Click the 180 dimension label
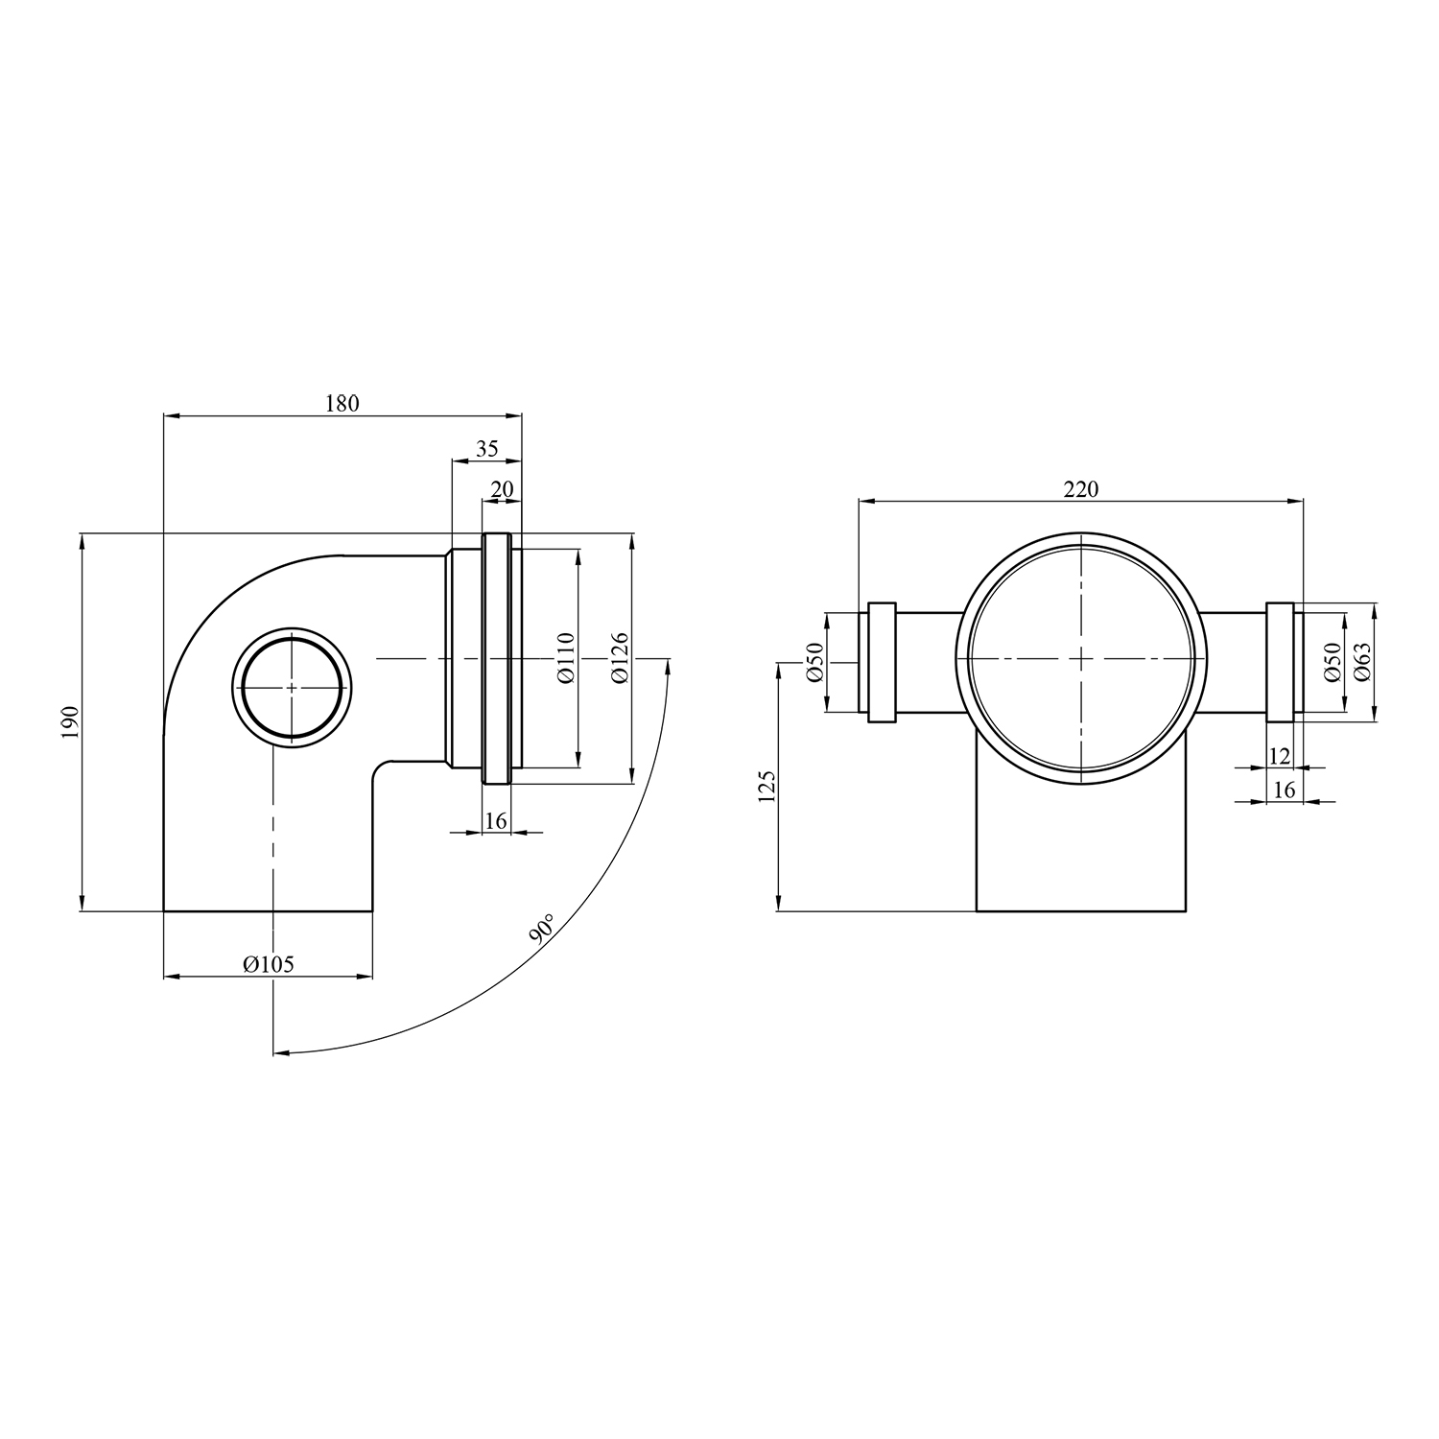point(342,403)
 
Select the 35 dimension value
point(487,449)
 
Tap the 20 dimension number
point(502,489)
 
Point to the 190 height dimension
point(68,721)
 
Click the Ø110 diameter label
point(565,657)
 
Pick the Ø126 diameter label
point(619,657)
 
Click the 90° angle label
point(541,931)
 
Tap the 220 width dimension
point(1080,489)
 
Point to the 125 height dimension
point(765,786)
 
